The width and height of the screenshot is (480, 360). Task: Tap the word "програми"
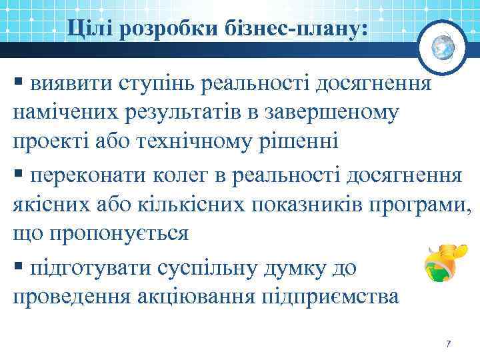click(x=424, y=205)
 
